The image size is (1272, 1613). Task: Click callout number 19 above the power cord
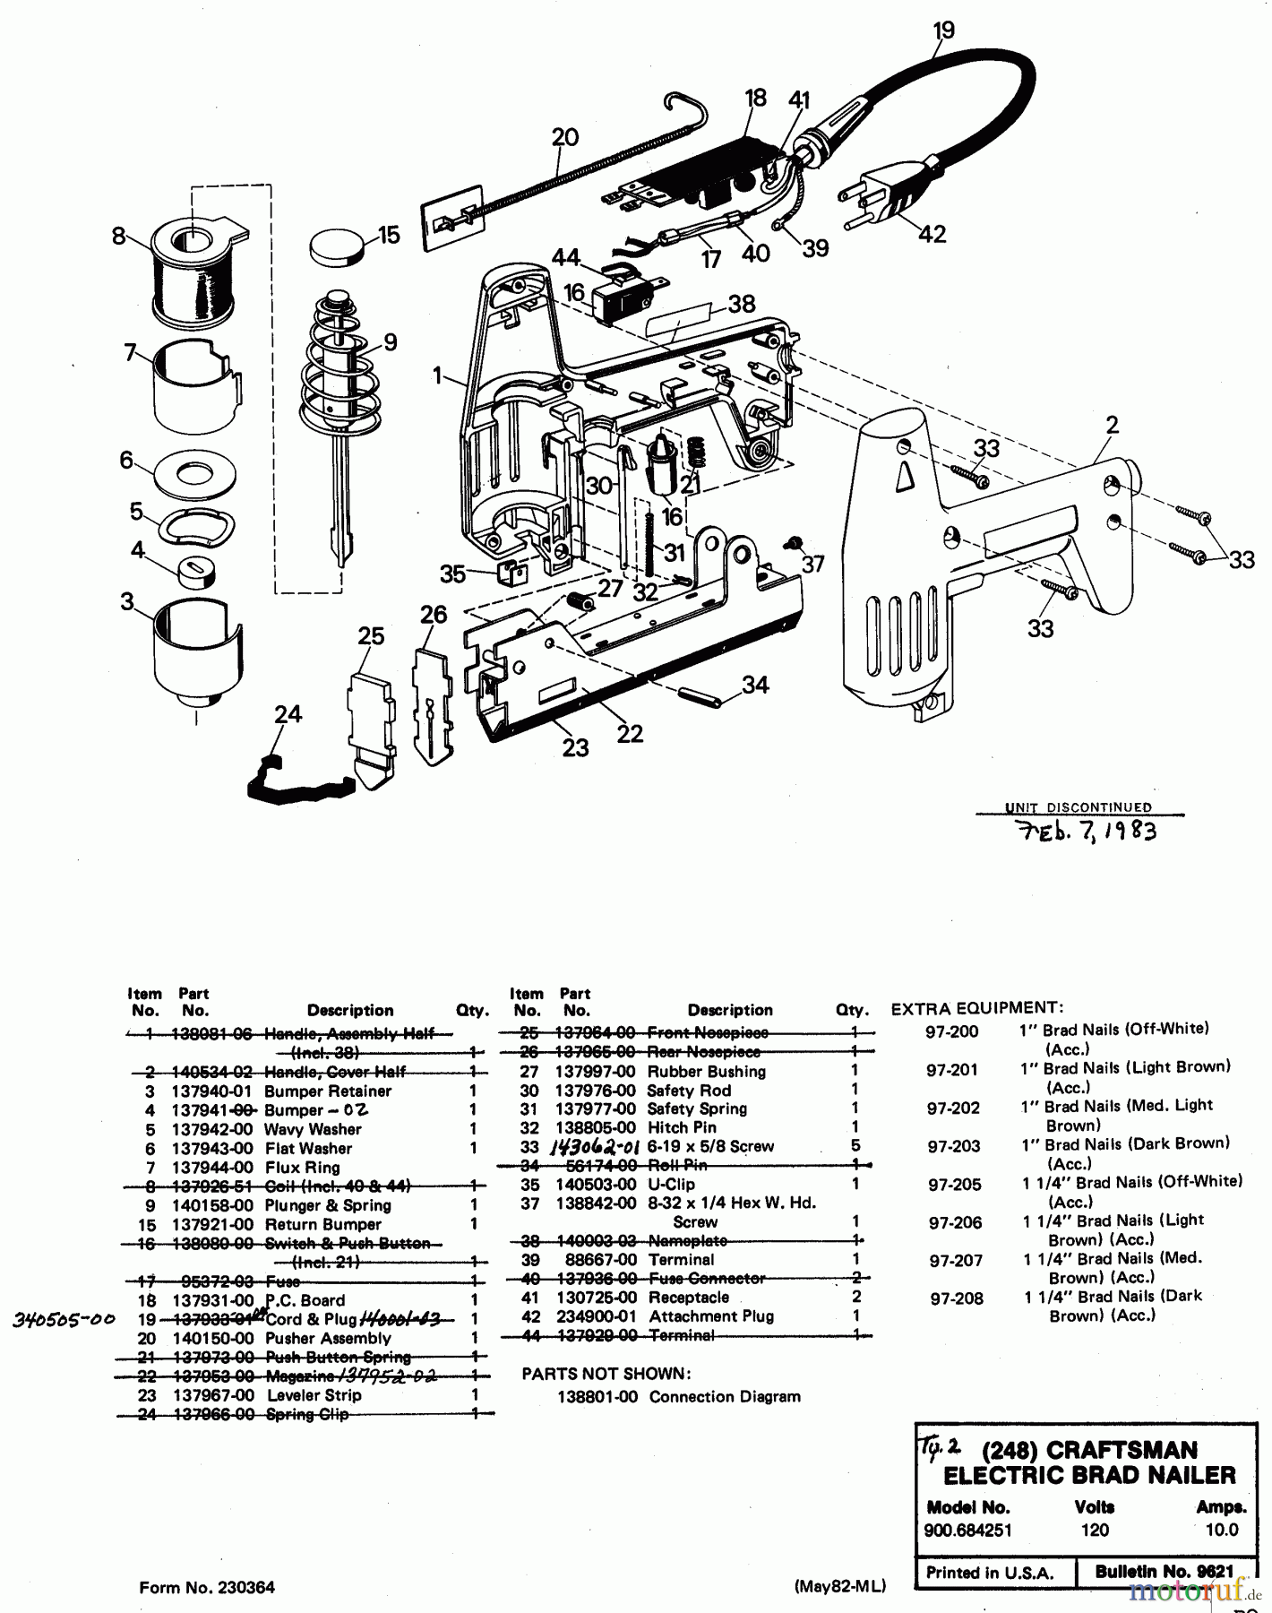943,30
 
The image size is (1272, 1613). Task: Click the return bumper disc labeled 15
339,245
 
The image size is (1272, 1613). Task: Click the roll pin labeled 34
705,696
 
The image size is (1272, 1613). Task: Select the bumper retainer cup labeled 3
196,650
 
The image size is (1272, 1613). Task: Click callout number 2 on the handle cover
1112,425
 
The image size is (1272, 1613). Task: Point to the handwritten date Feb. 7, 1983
1087,831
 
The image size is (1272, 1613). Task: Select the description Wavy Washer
313,1129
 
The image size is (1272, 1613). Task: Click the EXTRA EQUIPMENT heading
977,1008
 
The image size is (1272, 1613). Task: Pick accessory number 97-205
954,1185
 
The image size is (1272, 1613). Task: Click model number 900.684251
968,1530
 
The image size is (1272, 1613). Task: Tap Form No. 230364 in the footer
207,1588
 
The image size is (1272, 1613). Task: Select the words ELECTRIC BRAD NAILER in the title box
1090,1475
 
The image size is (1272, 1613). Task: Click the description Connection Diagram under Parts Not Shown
725,1396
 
